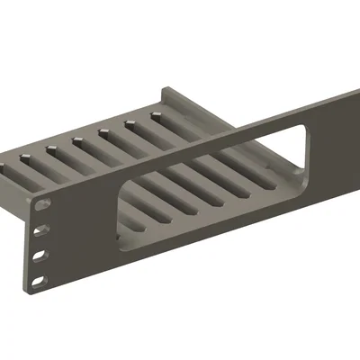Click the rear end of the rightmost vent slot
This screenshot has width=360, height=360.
point(157,115)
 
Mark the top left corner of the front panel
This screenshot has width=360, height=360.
point(28,193)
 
